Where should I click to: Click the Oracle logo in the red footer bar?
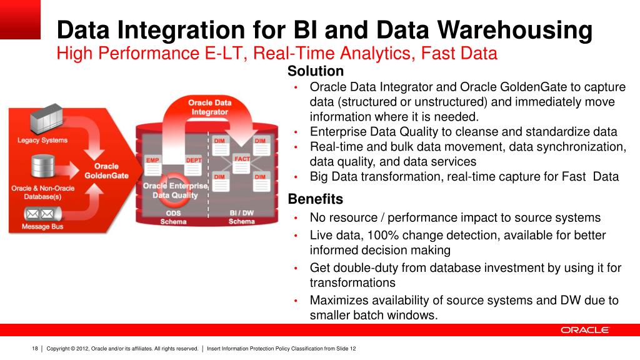click(584, 330)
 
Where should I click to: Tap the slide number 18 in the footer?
click(35, 349)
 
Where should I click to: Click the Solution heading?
click(316, 71)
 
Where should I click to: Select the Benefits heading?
click(316, 199)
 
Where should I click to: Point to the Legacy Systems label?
click(42, 140)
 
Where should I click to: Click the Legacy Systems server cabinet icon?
click(46, 119)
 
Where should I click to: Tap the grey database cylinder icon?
click(43, 166)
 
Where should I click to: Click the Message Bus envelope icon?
click(43, 214)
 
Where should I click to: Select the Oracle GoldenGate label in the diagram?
click(106, 171)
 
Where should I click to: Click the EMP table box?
click(153, 165)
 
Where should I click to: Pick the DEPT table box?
click(194, 165)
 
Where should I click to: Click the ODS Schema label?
click(174, 217)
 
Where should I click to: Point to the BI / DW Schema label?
click(242, 217)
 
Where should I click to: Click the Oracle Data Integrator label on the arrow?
click(210, 107)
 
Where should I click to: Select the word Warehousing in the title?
click(515, 30)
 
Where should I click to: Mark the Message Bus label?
click(42, 226)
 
